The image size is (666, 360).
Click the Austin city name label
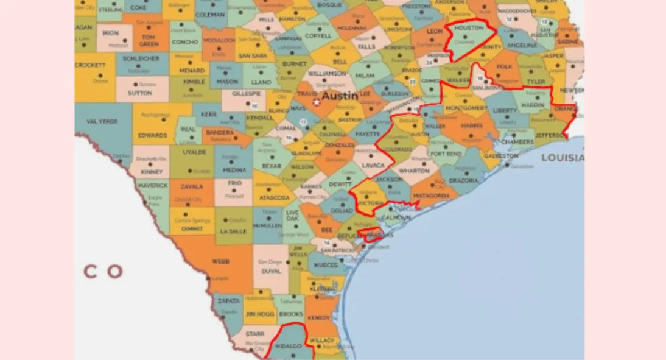click(339, 96)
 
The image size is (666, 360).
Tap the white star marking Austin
click(316, 102)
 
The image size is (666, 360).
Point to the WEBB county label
click(220, 262)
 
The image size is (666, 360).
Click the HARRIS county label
click(472, 125)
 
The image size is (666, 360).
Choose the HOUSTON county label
click(469, 28)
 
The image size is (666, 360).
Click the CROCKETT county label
click(90, 65)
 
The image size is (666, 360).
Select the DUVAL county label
click(271, 271)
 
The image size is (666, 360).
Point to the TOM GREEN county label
click(149, 40)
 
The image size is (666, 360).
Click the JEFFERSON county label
click(550, 136)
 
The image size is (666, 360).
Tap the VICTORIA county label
click(371, 203)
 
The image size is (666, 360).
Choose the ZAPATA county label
click(229, 300)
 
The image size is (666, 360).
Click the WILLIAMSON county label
click(326, 73)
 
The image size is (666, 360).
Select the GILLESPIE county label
click(245, 94)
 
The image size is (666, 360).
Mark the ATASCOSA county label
click(273, 197)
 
